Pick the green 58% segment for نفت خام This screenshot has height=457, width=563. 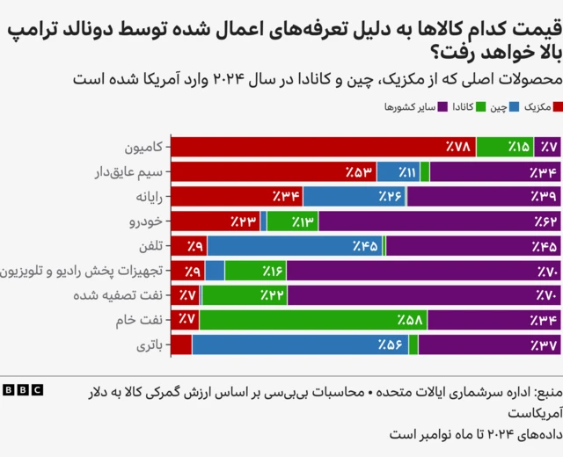point(313,320)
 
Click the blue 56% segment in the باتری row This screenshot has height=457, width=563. point(300,345)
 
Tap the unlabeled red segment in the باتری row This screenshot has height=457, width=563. point(181,345)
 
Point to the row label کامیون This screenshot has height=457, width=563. point(144,147)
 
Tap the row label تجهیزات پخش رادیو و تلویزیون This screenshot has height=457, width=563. point(84,271)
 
